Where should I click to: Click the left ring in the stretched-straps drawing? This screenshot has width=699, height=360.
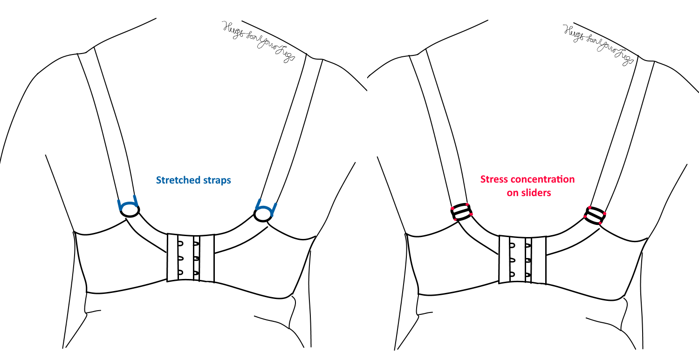[x=130, y=211]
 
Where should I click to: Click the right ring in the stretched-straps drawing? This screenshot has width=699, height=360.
[x=263, y=214]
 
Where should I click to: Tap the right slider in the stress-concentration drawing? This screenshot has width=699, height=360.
[x=595, y=215]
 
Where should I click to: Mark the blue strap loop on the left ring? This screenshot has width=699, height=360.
[x=127, y=204]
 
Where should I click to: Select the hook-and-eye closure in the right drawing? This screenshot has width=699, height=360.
[x=522, y=259]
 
